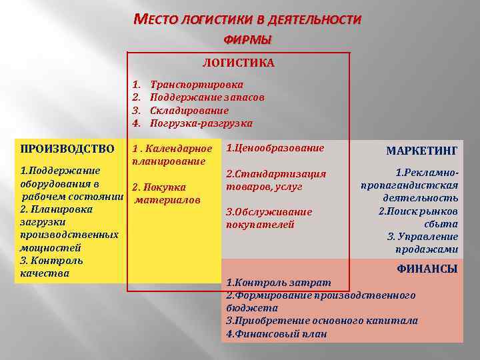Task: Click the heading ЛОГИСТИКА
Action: pyautogui.click(x=238, y=63)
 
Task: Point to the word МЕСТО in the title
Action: pyautogui.click(x=157, y=20)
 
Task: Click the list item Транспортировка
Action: pyautogui.click(x=197, y=85)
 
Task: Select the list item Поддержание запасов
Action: pyautogui.click(x=207, y=98)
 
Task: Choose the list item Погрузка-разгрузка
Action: pyautogui.click(x=201, y=123)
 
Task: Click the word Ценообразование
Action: pyautogui.click(x=279, y=148)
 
